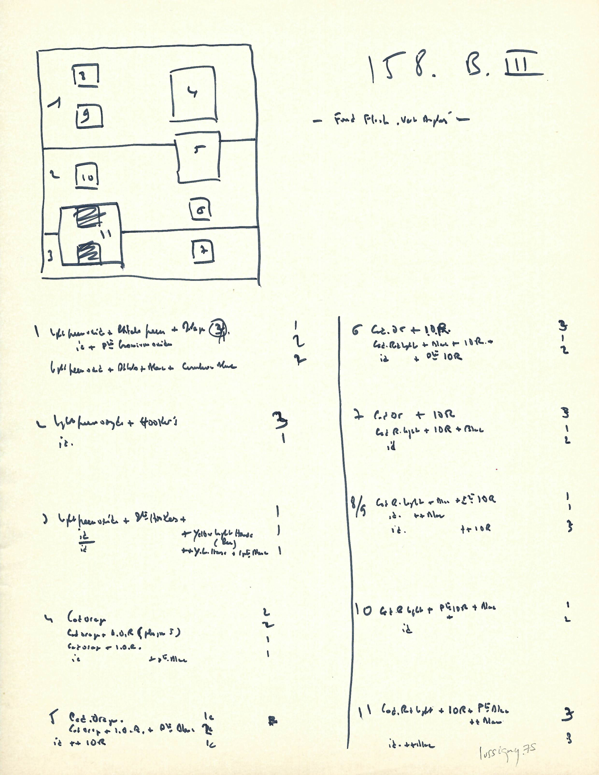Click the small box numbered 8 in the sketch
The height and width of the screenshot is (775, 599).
point(86,75)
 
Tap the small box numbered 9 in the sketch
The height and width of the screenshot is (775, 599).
point(89,116)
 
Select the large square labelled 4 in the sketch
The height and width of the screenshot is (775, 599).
point(194,93)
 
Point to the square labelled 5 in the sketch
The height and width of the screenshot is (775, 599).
point(198,157)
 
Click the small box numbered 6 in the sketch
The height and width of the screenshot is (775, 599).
point(200,209)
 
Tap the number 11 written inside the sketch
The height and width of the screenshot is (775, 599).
point(106,233)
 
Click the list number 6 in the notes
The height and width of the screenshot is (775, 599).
point(356,331)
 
